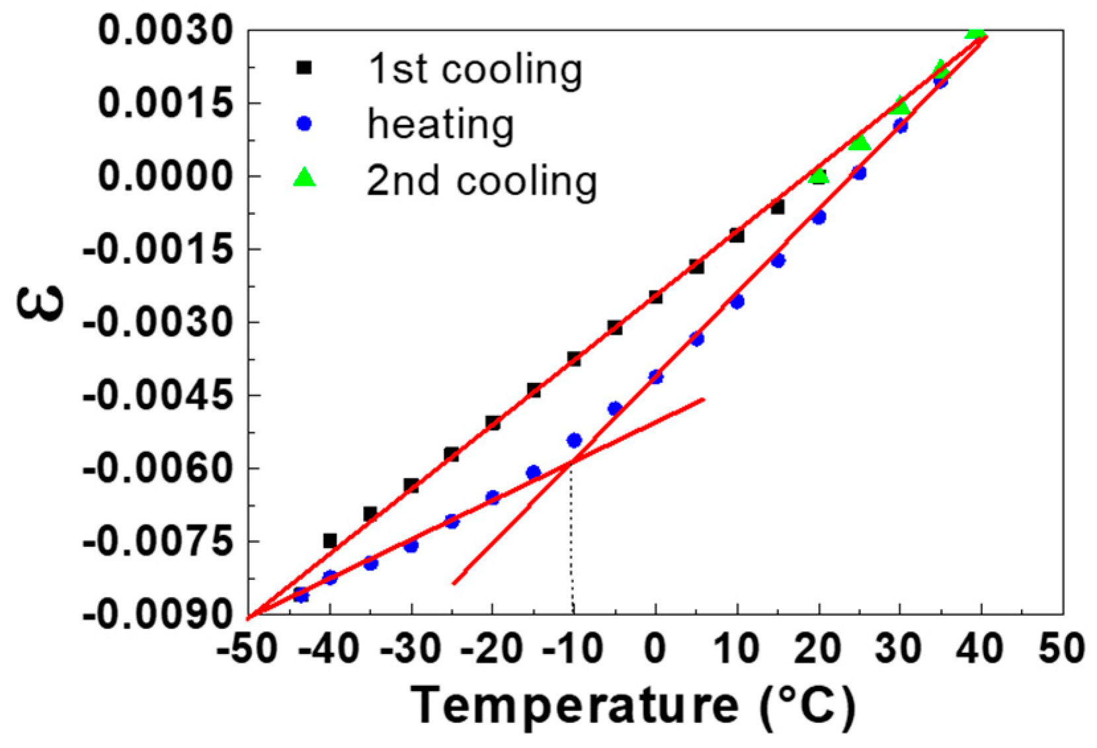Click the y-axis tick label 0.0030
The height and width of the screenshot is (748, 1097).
(x=165, y=30)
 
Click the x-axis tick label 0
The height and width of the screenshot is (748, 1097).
(x=655, y=649)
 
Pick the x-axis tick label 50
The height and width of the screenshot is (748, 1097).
(x=1061, y=649)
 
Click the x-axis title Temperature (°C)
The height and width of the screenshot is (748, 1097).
(x=633, y=706)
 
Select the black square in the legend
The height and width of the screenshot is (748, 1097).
(x=304, y=67)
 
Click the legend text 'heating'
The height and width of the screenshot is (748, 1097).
(x=440, y=124)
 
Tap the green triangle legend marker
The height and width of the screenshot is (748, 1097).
(x=304, y=178)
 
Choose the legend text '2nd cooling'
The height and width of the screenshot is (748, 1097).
(x=481, y=181)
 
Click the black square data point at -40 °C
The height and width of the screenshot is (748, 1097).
(x=330, y=541)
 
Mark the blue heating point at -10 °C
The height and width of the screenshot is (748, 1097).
(x=574, y=440)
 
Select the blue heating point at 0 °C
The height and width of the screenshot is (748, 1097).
(x=655, y=377)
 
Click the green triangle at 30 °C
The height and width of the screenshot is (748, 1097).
(x=900, y=106)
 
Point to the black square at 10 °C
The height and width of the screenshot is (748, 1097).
(x=737, y=235)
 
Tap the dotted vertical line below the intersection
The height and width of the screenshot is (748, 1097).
(x=572, y=542)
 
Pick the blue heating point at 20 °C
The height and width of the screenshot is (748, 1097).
(x=819, y=217)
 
